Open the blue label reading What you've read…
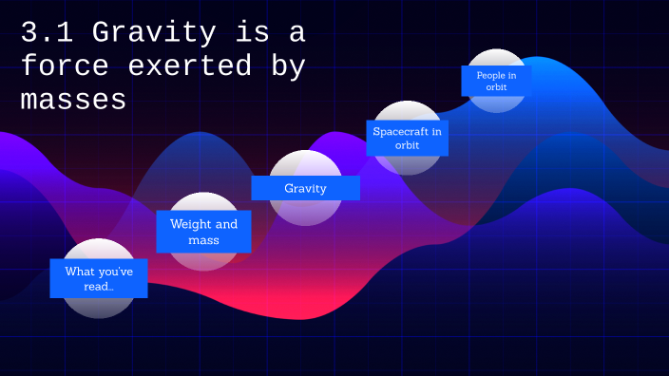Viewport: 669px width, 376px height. (x=99, y=278)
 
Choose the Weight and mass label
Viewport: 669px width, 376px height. (x=203, y=232)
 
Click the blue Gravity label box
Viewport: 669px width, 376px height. (x=305, y=188)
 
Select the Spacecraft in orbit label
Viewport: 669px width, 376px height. (x=407, y=138)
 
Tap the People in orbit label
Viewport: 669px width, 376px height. (x=495, y=81)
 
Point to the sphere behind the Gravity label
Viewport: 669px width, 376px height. (x=305, y=212)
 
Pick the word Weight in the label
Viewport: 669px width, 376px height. (x=190, y=225)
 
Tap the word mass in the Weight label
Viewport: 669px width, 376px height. (x=203, y=240)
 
